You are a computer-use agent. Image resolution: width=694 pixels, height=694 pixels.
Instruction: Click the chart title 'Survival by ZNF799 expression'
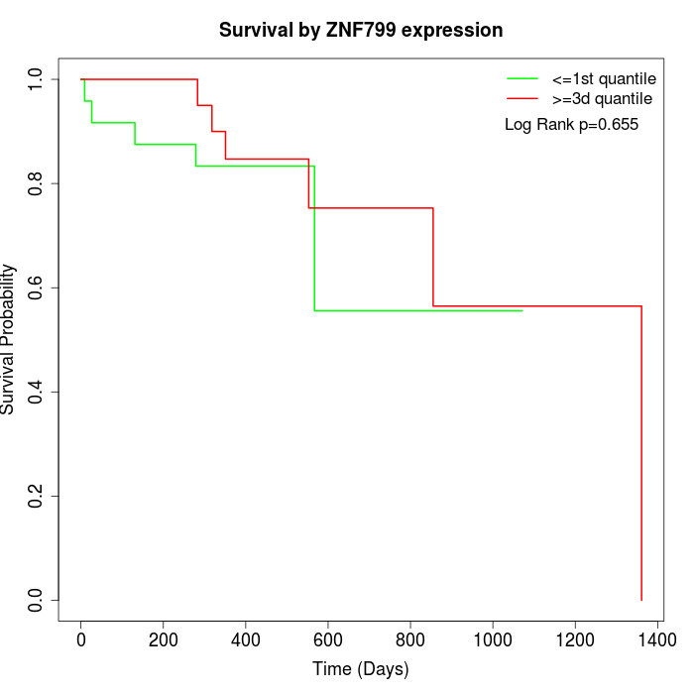click(361, 31)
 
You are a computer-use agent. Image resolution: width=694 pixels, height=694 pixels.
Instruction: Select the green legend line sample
click(521, 78)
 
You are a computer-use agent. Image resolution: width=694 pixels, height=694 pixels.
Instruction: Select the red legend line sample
click(521, 99)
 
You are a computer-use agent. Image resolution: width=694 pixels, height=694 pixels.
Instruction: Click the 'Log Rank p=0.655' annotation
click(571, 125)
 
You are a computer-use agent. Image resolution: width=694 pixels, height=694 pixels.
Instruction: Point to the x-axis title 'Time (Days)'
click(361, 669)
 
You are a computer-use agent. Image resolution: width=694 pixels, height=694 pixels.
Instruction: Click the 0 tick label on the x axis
click(81, 640)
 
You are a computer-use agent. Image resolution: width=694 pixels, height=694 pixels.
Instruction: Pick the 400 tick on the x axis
click(246, 640)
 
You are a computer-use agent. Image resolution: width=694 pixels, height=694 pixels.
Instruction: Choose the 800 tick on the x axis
click(410, 640)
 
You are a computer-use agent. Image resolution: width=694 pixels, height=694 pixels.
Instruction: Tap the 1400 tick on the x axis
click(656, 640)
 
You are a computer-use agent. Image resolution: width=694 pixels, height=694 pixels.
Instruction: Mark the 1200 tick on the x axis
click(574, 640)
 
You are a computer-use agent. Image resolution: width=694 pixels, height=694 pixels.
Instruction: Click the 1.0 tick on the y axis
click(37, 78)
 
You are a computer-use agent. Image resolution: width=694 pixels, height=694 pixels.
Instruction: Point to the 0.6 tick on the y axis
click(37, 288)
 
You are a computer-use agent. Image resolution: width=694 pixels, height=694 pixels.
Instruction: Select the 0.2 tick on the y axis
click(37, 496)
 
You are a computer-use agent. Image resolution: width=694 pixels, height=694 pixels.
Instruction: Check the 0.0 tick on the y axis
click(37, 600)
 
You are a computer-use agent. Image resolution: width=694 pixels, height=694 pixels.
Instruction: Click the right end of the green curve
click(521, 311)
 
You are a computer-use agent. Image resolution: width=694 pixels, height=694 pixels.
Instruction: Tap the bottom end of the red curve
click(641, 600)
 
